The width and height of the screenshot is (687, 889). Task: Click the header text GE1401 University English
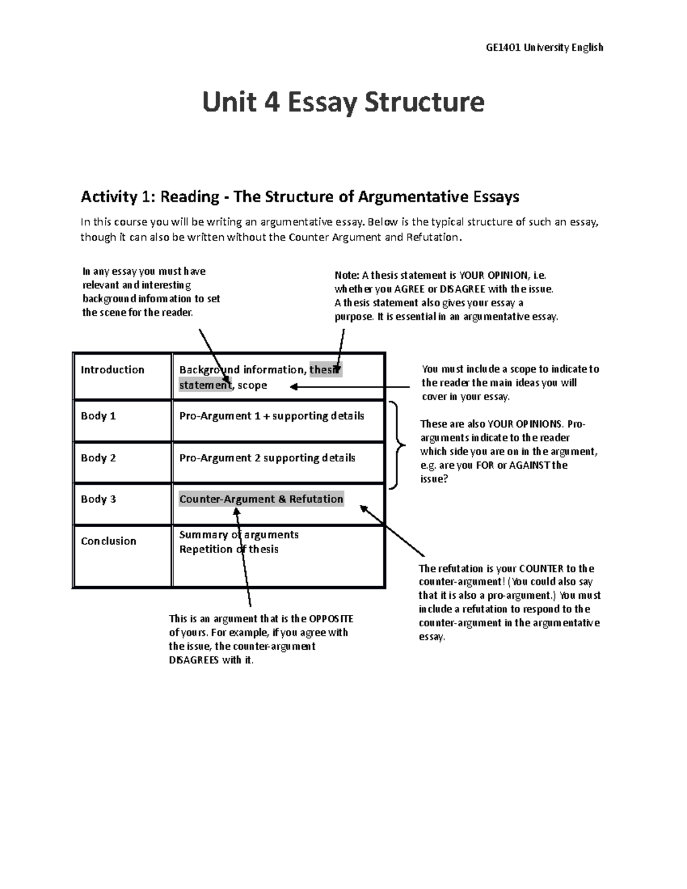544,48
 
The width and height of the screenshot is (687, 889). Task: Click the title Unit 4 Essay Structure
343,102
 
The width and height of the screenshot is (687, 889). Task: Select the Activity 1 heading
299,197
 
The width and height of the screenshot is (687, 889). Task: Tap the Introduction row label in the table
112,370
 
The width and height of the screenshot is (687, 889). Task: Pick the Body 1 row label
98,416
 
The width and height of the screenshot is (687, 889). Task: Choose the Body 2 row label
98,458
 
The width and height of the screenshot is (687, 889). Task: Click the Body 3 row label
98,499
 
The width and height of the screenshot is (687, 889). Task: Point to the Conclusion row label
108,541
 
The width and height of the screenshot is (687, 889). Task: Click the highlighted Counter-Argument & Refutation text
261,499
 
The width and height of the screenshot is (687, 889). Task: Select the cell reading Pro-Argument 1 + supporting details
271,416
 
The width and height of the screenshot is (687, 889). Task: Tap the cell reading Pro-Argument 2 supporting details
267,458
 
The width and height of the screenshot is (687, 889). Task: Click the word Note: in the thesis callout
346,275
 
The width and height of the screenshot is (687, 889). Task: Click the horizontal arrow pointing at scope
349,387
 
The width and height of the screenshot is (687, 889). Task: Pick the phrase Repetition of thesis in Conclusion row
228,550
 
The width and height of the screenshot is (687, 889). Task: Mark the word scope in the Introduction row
252,386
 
